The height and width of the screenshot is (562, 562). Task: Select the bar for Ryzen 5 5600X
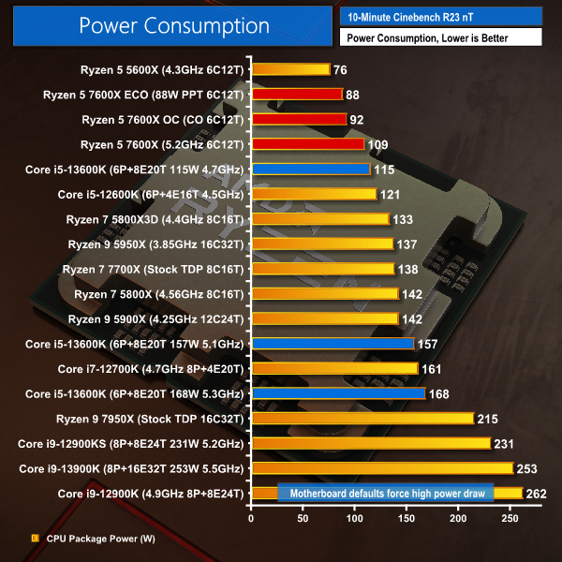coord(290,68)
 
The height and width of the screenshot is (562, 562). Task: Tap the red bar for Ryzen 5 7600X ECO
coord(296,94)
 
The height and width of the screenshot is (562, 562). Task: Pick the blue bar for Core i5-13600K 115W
coord(310,169)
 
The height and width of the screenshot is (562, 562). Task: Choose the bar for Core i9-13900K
coord(381,467)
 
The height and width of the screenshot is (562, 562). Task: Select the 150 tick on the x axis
coord(406,516)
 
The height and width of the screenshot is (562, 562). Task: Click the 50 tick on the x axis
coord(303,516)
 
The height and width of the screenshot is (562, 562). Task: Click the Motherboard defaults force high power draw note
coord(386,493)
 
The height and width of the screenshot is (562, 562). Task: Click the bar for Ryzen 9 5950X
coord(321,244)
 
